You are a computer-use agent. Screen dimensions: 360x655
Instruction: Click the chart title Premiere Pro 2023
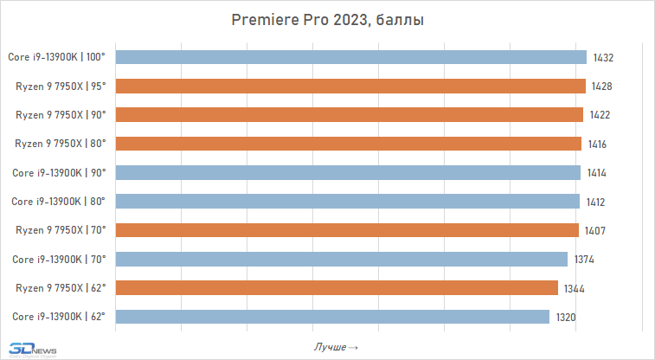coord(327,20)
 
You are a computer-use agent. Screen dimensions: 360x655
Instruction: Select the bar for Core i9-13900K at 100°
coord(350,57)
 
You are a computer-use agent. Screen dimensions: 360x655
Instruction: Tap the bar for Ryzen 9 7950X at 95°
coord(350,86)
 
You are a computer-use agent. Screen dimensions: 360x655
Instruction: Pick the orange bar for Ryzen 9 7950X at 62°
coord(336,287)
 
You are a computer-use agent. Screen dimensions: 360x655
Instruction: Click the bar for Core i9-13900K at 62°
coord(331,317)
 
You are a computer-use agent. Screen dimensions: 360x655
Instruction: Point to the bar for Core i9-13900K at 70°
coord(341,259)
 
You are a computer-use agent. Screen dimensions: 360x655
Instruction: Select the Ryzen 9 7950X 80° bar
coord(347,144)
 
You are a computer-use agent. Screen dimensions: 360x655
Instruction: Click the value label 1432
coord(604,57)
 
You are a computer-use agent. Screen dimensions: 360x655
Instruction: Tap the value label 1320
coord(566,317)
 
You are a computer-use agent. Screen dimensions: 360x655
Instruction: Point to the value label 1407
coord(595,230)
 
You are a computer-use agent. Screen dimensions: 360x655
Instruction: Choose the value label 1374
coord(585,259)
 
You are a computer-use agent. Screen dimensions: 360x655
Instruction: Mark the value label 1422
coord(600,115)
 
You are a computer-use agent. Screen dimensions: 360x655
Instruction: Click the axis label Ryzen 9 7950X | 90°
coord(61,115)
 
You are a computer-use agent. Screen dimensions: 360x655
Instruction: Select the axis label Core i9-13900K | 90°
coord(58,172)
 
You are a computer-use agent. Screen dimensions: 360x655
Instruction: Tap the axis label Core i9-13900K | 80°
coord(58,202)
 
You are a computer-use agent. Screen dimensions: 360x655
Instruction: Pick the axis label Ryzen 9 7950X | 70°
coord(61,230)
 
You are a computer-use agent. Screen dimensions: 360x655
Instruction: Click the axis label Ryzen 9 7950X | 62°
coord(61,287)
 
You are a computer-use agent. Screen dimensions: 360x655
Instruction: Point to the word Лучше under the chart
coord(331,347)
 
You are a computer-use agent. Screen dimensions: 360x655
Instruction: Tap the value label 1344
coord(575,287)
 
